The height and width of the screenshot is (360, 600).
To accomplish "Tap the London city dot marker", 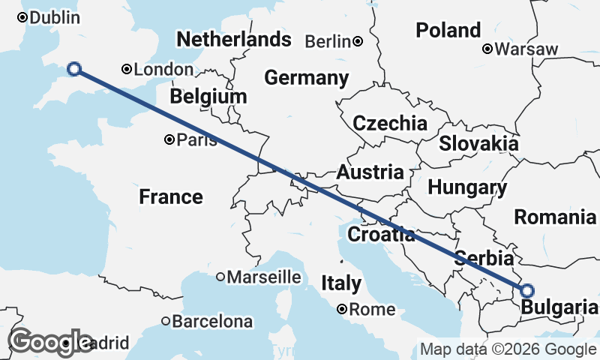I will pyautogui.click(x=127, y=70).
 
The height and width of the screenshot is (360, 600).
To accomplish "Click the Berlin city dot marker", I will pyautogui.click(x=358, y=41).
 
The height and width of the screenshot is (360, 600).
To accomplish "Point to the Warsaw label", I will pyautogui.click(x=526, y=49).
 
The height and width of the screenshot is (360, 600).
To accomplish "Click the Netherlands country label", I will pyautogui.click(x=233, y=39).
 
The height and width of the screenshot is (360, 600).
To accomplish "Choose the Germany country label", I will pyautogui.click(x=306, y=78).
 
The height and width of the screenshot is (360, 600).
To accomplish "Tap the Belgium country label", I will pyautogui.click(x=208, y=97).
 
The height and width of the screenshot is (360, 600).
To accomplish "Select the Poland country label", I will pyautogui.click(x=448, y=31).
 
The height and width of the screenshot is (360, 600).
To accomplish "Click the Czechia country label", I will pyautogui.click(x=390, y=124).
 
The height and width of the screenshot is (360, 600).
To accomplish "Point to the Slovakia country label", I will pyautogui.click(x=478, y=143).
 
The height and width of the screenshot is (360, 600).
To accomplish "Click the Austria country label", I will pyautogui.click(x=370, y=172).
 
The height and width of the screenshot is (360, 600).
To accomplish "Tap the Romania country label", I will pyautogui.click(x=555, y=217).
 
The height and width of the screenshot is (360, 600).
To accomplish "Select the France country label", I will pyautogui.click(x=171, y=197).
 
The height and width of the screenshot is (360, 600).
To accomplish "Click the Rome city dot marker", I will pyautogui.click(x=341, y=309).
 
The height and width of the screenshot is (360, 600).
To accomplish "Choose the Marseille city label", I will pyautogui.click(x=264, y=277).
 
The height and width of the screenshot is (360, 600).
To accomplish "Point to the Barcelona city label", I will pyautogui.click(x=212, y=322).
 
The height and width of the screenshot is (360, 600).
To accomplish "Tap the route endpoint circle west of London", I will pyautogui.click(x=74, y=69).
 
